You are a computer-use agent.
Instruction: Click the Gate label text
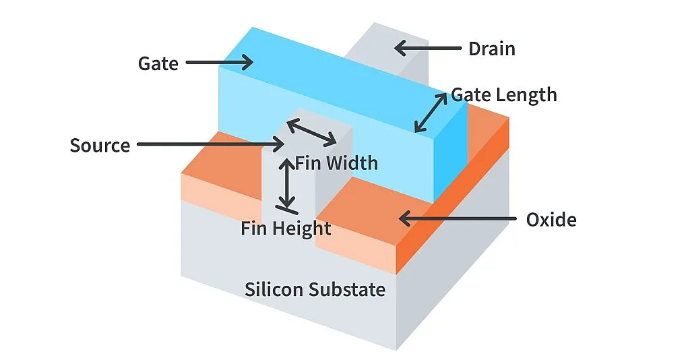point(158,63)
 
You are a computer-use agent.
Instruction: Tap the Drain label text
point(491,49)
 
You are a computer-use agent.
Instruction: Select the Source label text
point(100,145)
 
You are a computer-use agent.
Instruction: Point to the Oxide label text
point(551,220)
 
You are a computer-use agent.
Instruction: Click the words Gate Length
point(504,94)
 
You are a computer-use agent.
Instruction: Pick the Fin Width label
point(336,162)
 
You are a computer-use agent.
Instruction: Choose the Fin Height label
point(286,229)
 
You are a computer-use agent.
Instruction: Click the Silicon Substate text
point(315,290)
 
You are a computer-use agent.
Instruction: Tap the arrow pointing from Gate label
point(219,63)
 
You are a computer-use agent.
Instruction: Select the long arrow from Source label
point(209,144)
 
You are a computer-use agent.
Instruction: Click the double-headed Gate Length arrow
point(431,113)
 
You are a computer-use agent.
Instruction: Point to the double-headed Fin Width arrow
point(311,132)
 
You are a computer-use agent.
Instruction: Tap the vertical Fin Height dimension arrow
point(288,183)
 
